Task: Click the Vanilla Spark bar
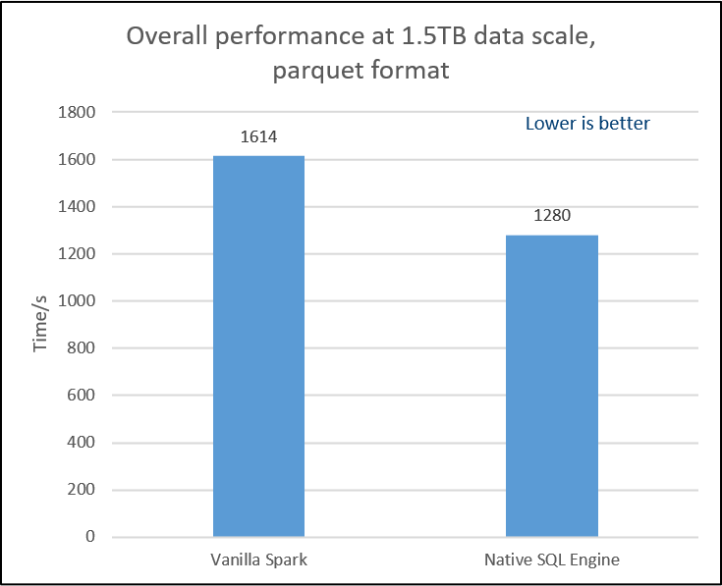coord(258,346)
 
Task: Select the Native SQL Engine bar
coord(552,386)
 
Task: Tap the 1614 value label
coord(258,136)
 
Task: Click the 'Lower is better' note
coord(587,125)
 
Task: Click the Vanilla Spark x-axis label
coord(258,560)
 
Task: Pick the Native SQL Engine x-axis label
coord(552,560)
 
